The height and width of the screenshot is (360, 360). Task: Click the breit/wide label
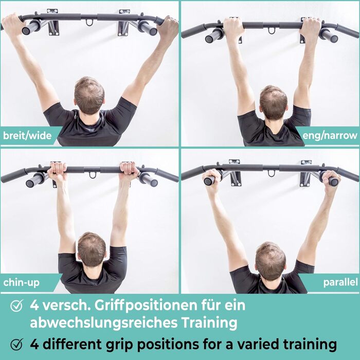pos(27,136)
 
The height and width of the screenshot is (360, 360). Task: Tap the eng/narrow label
pos(330,136)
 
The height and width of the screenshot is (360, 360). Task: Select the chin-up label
pos(22,283)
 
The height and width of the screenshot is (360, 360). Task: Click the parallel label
pos(340,282)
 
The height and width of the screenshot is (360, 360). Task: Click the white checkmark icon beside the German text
pos(17,305)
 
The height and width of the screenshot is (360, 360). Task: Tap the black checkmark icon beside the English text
pos(17,344)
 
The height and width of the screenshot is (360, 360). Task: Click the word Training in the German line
pos(209,323)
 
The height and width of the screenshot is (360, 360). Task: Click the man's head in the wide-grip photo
pos(89,95)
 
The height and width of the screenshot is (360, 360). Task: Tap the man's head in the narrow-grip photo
pos(273,102)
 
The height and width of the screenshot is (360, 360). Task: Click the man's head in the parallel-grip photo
pos(271,261)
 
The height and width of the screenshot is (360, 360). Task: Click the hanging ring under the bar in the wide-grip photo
pos(89,23)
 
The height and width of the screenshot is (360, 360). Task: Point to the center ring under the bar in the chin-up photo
pos(93,175)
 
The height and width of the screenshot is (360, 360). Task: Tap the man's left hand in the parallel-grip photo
pos(331,181)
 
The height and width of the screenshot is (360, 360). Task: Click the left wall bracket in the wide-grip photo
pos(53,23)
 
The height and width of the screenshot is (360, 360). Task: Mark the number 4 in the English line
pos(34,344)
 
